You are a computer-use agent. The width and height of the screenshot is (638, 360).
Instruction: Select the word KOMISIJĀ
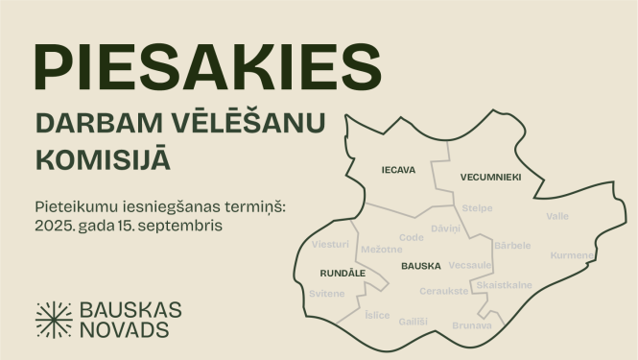point(104,158)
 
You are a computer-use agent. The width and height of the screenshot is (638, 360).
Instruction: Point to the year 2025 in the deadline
point(54,227)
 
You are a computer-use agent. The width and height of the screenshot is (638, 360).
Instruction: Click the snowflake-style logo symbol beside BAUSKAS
point(54,320)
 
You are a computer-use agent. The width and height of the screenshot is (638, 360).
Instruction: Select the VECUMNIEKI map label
point(490,178)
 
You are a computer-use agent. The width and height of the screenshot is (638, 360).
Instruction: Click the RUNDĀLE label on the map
point(343,274)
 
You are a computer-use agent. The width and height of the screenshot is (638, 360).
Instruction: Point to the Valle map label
point(556,216)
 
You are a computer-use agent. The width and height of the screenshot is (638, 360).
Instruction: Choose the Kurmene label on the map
point(572,255)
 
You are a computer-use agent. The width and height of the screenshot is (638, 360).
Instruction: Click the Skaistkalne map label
point(504,285)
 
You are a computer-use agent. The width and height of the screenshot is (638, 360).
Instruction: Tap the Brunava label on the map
point(472,325)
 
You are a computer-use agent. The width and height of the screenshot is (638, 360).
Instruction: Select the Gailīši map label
point(414,321)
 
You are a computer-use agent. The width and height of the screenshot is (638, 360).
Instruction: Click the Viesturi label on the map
point(331,245)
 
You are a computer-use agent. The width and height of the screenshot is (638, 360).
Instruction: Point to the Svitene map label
point(327,293)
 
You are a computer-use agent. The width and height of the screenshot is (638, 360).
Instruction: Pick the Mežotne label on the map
point(380,250)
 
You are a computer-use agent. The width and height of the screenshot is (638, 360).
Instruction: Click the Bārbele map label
point(511,245)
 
